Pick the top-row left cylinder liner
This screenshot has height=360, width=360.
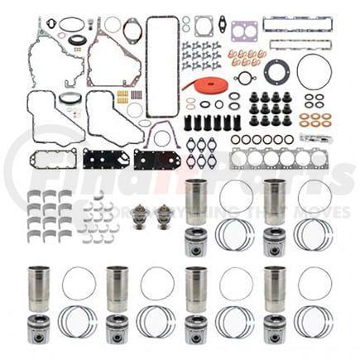(x=196, y=201)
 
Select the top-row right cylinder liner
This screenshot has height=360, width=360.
(x=275, y=201)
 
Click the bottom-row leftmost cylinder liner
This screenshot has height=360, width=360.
(x=38, y=289)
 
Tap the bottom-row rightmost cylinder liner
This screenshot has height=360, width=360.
(x=275, y=289)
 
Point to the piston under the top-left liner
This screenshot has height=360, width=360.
(x=196, y=242)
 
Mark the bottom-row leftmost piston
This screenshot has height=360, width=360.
(x=38, y=328)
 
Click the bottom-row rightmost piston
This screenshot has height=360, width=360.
(x=275, y=328)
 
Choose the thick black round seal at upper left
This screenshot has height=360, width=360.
(x=76, y=40)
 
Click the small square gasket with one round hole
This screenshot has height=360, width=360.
(x=204, y=25)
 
